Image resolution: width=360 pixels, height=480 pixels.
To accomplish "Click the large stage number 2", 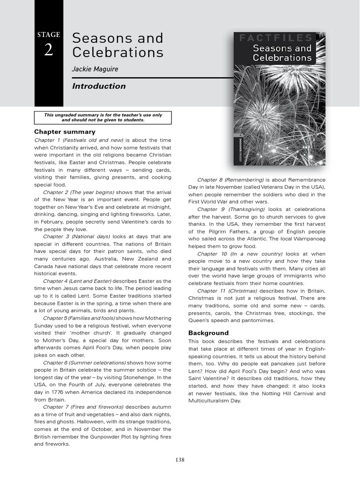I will click(x=49, y=50).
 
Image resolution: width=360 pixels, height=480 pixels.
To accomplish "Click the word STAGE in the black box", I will click(x=49, y=35).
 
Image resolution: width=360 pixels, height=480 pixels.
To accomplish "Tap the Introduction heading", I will click(x=98, y=86).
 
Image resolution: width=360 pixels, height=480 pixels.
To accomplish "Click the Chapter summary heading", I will click(x=65, y=132).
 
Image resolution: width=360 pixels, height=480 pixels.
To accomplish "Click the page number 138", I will click(x=180, y=460).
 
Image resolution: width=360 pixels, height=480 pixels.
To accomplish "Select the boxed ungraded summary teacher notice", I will click(x=103, y=117).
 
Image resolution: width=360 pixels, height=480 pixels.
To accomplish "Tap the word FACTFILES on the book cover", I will click(x=275, y=37).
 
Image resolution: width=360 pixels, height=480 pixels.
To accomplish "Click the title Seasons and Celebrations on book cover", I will click(x=282, y=53).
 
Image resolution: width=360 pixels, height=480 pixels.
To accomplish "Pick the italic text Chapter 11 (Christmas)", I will click(x=227, y=291).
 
